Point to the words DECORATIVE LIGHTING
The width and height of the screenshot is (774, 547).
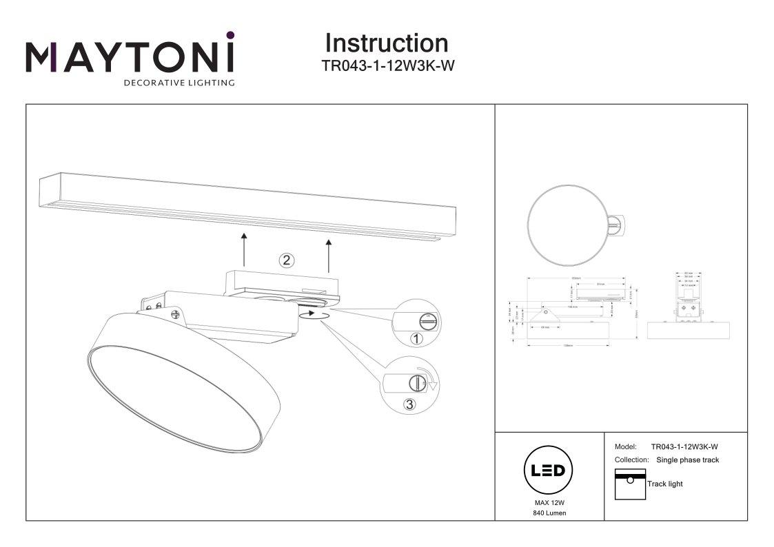179,83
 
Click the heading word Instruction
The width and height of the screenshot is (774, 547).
386,43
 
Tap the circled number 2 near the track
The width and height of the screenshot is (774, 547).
286,260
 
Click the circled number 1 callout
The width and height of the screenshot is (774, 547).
416,338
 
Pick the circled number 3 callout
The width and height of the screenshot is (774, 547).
410,404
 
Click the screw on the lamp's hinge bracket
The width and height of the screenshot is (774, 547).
176,315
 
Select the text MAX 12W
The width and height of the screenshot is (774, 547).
549,503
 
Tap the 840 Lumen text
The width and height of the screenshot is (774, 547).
549,514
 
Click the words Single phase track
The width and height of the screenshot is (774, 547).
687,460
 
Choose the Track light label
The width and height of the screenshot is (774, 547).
664,484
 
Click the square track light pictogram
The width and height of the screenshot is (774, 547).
629,484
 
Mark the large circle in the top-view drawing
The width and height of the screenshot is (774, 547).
566,225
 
